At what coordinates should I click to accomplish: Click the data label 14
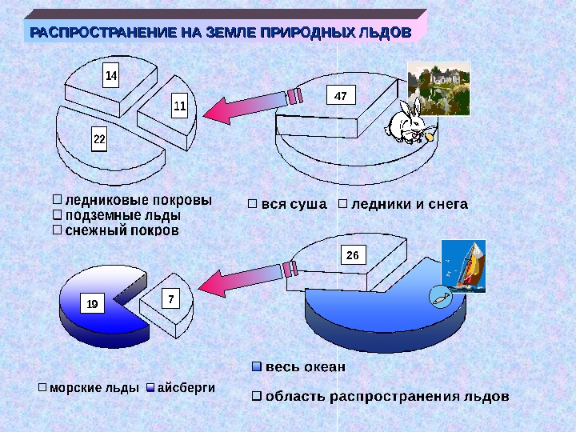pos(112,76)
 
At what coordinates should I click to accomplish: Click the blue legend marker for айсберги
pos(150,387)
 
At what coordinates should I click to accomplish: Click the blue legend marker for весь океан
pos(256,367)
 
